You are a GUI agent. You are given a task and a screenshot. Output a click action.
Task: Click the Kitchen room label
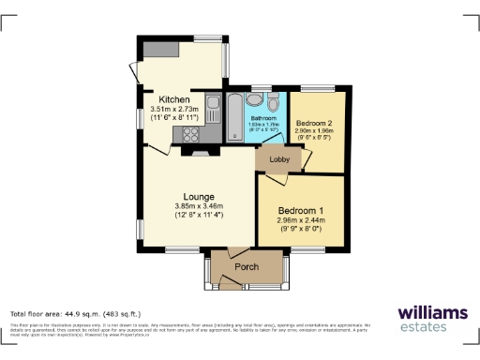tap(175, 99)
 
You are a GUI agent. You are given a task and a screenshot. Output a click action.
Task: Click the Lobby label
tap(279, 160)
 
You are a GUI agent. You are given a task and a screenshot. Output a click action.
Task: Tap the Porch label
tap(247, 267)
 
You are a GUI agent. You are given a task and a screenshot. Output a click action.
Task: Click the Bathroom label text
tap(263, 118)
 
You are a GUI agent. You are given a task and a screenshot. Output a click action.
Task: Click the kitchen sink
tap(213, 103)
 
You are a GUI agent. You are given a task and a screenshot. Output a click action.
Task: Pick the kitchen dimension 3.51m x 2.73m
tap(176, 110)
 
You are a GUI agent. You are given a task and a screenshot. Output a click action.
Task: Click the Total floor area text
tap(74, 313)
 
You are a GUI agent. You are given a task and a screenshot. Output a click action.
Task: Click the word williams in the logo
tap(431, 312)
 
